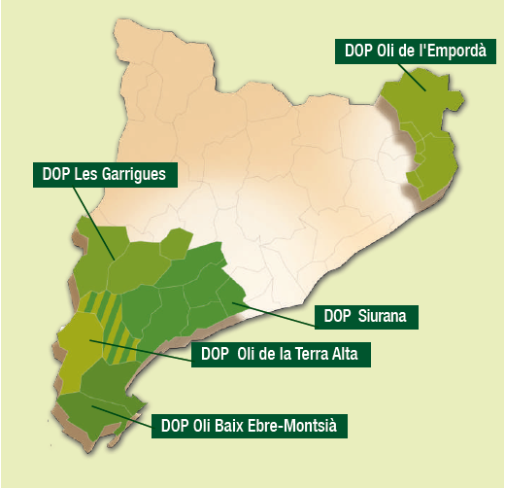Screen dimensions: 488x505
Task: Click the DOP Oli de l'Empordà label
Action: click(414, 50)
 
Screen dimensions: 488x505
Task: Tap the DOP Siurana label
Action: click(366, 316)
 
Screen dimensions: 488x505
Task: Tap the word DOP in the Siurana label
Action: click(335, 316)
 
